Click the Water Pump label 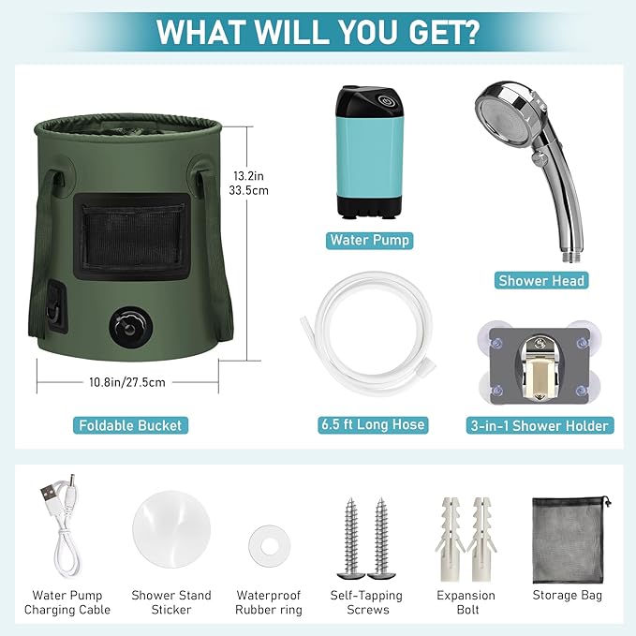click(369, 240)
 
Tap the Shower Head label click(541, 281)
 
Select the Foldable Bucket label click(130, 425)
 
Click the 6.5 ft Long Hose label click(373, 424)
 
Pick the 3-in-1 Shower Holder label click(540, 425)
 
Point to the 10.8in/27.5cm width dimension click(127, 382)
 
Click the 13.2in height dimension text click(248, 176)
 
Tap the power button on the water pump click(384, 101)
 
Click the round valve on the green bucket click(130, 327)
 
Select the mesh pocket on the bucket click(132, 236)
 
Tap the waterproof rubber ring click(270, 546)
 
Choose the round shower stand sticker click(171, 529)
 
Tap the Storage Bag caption click(567, 595)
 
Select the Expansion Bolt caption click(466, 602)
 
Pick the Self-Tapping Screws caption click(366, 602)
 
